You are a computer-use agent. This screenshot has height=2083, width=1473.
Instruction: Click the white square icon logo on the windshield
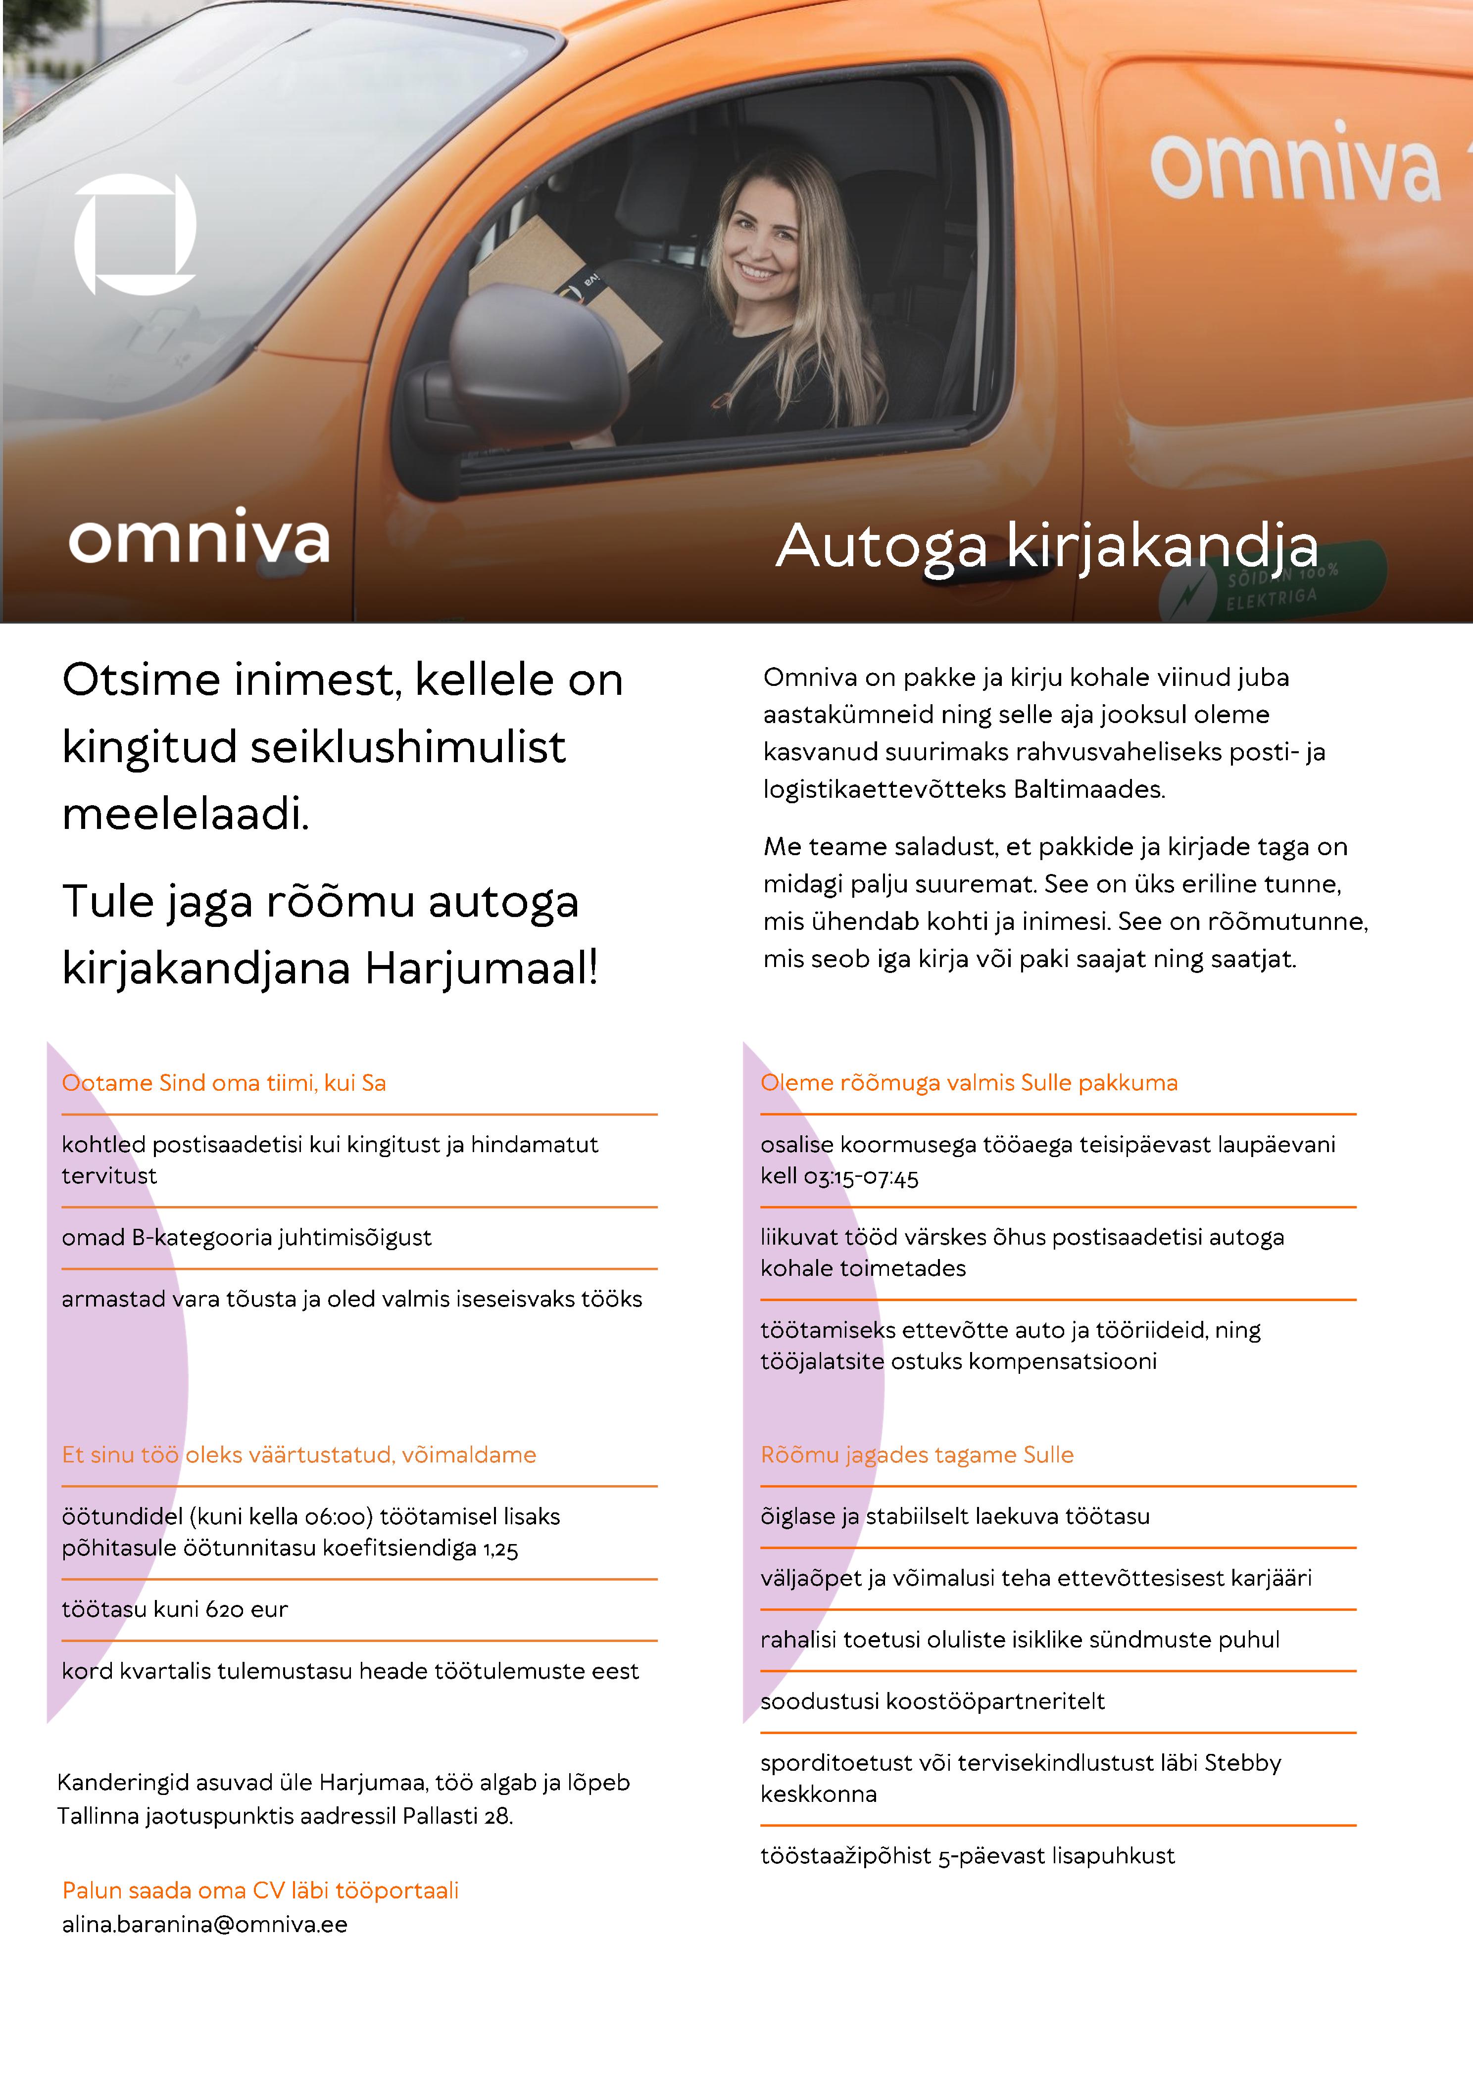(x=134, y=234)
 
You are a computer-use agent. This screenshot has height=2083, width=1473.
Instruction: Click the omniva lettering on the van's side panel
(x=1295, y=166)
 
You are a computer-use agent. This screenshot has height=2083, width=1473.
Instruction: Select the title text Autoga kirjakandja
(x=1046, y=546)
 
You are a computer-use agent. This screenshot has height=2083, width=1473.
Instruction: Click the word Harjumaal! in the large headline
(x=481, y=968)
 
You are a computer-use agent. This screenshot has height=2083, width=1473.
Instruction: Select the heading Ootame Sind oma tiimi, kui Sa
(x=223, y=1082)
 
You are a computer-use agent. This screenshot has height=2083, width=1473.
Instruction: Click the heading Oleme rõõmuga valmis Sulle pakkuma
(x=968, y=1082)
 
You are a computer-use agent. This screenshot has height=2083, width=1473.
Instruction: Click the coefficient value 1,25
(x=499, y=1549)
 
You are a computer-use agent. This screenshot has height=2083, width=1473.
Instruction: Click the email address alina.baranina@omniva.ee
(x=204, y=1924)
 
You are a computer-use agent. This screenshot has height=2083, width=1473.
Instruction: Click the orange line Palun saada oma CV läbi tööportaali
(x=260, y=1890)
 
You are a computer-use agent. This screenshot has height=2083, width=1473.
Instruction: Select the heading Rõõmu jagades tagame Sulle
(x=917, y=1454)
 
